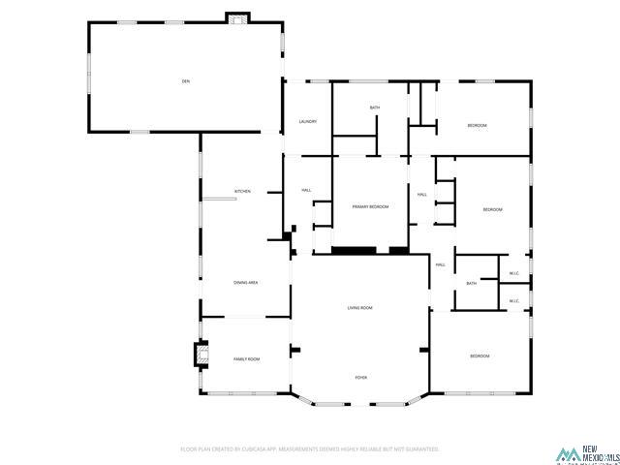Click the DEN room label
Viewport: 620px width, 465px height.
click(185, 81)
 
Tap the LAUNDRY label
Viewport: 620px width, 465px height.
click(308, 121)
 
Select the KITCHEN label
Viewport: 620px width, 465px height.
click(242, 191)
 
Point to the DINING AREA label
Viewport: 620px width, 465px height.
click(245, 282)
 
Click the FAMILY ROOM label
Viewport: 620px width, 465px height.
click(247, 359)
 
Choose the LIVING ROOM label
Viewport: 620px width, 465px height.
click(360, 308)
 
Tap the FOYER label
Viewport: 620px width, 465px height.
click(360, 377)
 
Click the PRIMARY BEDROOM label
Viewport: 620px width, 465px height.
click(370, 207)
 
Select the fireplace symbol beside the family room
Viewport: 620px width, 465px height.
click(202, 356)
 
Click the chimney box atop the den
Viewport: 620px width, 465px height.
click(237, 17)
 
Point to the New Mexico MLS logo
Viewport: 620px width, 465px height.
click(584, 452)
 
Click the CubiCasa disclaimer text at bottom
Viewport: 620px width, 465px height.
click(310, 449)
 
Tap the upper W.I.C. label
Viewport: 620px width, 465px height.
click(514, 274)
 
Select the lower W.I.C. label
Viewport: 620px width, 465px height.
click(514, 301)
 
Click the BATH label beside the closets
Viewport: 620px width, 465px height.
click(472, 283)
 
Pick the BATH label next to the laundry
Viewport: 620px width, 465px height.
click(375, 107)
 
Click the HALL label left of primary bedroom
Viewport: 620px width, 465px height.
click(306, 190)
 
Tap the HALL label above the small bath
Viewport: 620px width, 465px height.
click(439, 264)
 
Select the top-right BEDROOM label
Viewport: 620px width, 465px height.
click(477, 126)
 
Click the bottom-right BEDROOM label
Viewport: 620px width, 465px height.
click(480, 356)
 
